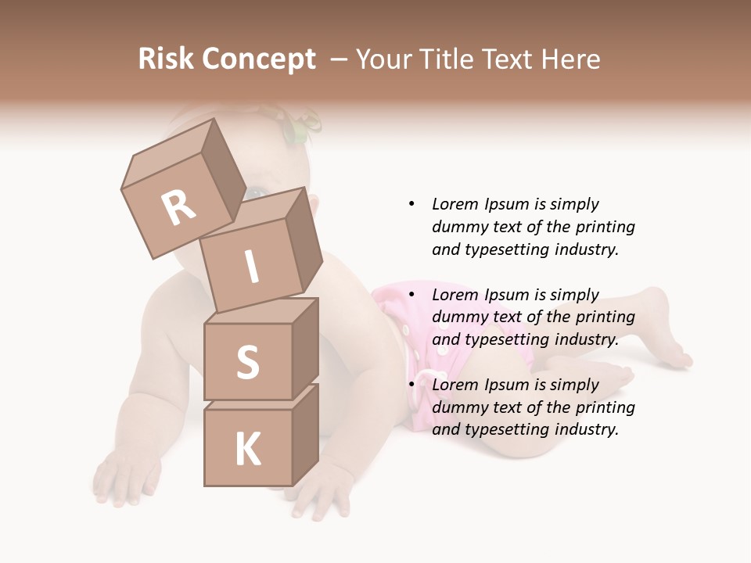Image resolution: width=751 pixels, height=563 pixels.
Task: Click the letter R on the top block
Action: tap(179, 208)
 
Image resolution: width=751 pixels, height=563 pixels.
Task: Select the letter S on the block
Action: tap(247, 362)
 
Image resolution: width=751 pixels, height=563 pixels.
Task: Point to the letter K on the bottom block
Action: tap(247, 450)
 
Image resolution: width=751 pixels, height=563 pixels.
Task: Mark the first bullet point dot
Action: tap(411, 204)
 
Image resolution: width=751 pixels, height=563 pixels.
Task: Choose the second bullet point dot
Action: tap(411, 295)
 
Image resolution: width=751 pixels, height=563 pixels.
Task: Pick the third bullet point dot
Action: tap(411, 385)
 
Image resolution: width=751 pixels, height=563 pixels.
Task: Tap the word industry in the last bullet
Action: tap(586, 429)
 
